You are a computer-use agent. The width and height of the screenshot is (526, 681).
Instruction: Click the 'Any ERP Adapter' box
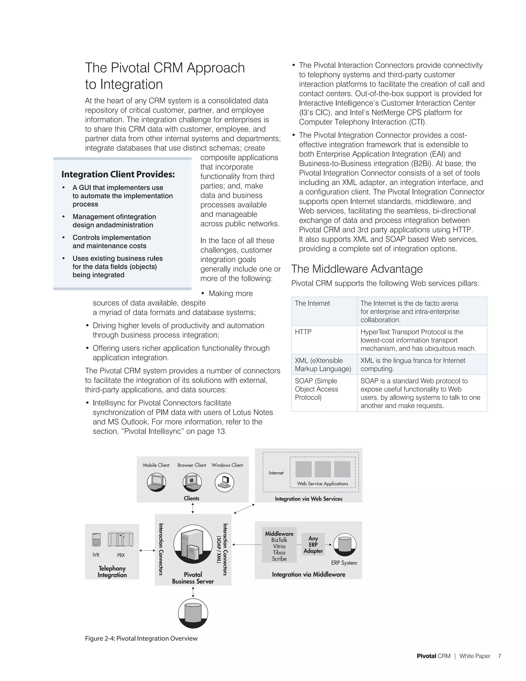[x=313, y=545]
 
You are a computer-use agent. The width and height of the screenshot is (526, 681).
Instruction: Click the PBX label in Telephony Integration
[x=121, y=555]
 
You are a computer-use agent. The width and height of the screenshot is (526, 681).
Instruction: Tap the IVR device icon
[x=97, y=540]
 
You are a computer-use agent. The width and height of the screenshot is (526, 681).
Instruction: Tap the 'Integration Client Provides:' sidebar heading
[x=118, y=174]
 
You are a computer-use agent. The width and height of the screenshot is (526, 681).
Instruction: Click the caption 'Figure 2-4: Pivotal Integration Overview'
[x=141, y=638]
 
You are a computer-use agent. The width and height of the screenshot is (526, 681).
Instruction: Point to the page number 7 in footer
[x=500, y=656]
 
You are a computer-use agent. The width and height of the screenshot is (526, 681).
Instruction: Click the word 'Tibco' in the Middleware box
[x=279, y=552]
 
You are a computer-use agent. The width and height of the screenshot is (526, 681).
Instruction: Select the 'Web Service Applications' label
[x=323, y=484]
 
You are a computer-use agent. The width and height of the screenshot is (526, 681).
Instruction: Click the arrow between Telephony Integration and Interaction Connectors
[x=147, y=550]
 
